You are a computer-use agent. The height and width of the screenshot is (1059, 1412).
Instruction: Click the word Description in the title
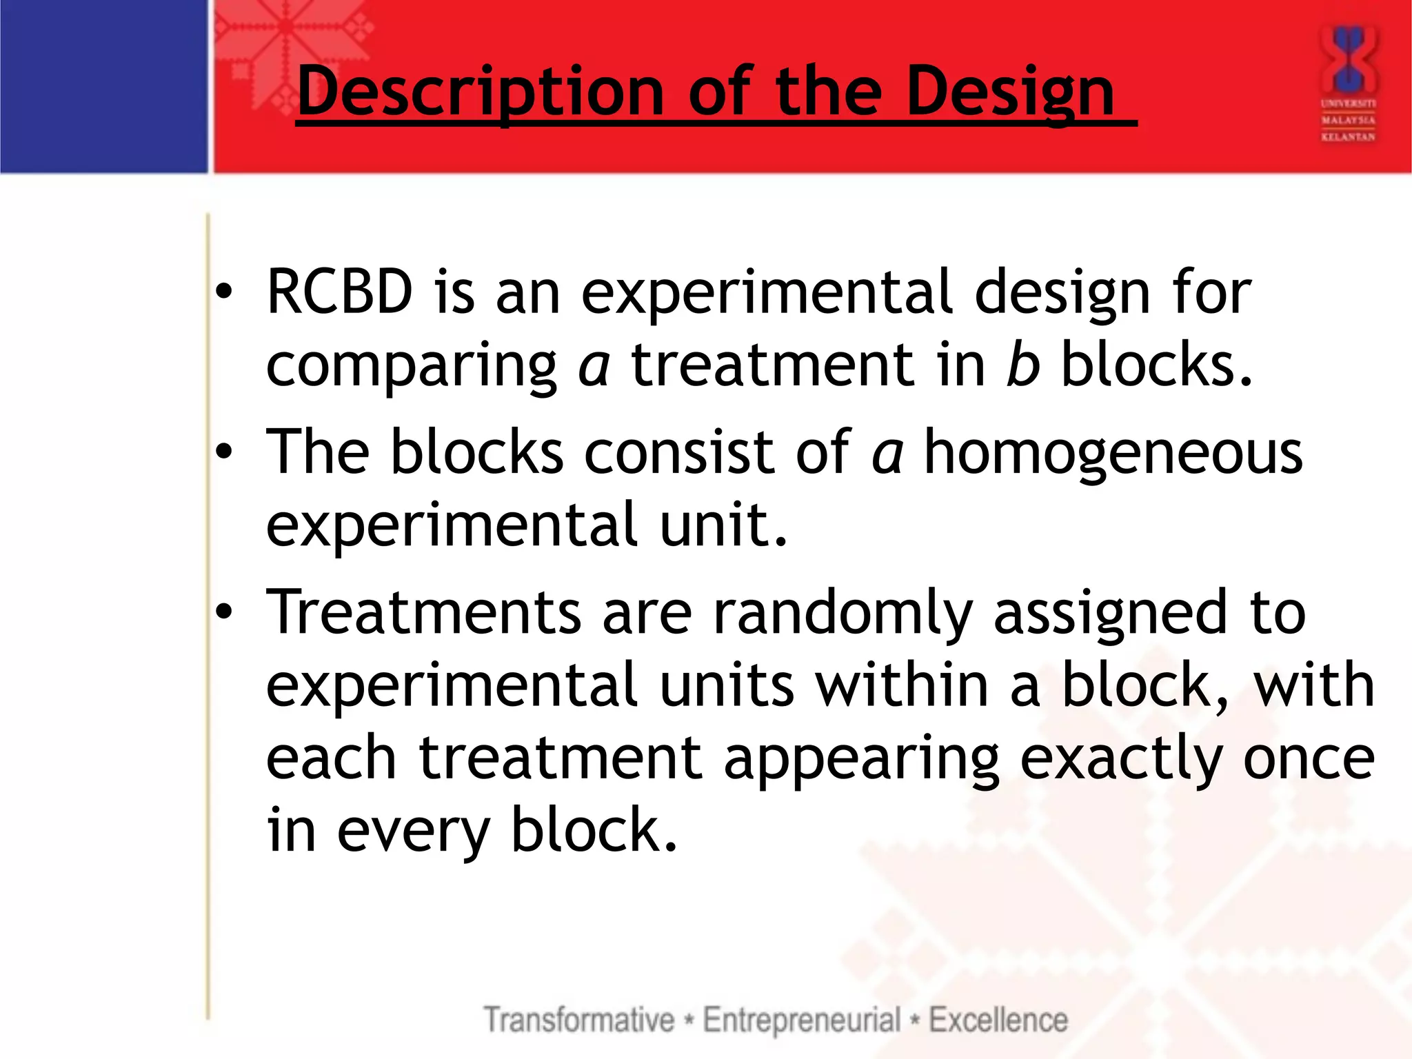click(481, 91)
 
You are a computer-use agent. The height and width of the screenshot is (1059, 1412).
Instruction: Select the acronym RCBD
click(339, 292)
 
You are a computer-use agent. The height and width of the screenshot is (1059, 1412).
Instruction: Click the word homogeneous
click(1113, 454)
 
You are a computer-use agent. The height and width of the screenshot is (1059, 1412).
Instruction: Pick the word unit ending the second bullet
click(722, 525)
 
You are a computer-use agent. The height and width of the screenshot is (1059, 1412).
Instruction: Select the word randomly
click(842, 614)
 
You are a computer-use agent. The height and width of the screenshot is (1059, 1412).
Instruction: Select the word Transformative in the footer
click(578, 1020)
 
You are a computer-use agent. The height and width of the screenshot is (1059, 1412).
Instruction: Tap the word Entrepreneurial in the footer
click(801, 1020)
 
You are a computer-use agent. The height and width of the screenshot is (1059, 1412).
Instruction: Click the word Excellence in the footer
click(998, 1020)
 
